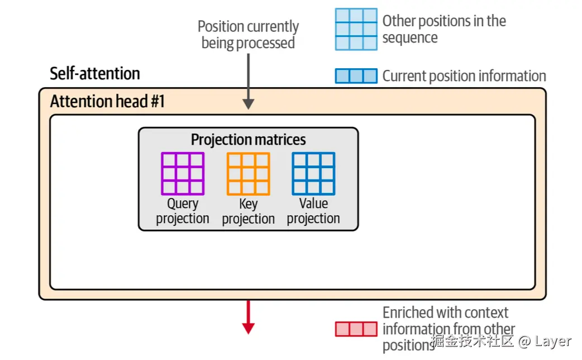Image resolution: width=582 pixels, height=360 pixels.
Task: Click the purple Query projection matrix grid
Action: [183, 174]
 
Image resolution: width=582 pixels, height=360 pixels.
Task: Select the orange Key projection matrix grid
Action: [248, 174]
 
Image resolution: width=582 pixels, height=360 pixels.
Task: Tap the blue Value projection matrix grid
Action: [313, 174]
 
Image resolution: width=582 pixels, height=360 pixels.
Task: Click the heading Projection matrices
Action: [249, 140]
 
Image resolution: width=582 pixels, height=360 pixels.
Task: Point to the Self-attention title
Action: [95, 74]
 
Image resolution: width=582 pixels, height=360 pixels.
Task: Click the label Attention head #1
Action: [107, 102]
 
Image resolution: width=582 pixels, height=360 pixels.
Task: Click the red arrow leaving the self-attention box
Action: [249, 317]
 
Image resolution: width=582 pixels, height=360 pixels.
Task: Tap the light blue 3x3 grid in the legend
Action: [356, 29]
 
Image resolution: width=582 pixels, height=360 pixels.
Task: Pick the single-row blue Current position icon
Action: [356, 77]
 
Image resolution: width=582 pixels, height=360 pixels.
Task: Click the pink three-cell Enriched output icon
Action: [356, 329]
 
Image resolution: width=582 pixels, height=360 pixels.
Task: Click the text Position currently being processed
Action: [249, 35]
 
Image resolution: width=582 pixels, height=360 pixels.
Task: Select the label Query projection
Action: [183, 211]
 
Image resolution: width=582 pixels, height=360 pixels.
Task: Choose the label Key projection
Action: [248, 211]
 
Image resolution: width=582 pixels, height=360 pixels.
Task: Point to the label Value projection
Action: [313, 211]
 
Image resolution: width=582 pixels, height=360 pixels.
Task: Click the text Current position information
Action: [464, 77]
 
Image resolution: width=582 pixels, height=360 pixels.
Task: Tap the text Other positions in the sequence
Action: [444, 30]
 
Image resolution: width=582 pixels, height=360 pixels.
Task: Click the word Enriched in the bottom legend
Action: [408, 312]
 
